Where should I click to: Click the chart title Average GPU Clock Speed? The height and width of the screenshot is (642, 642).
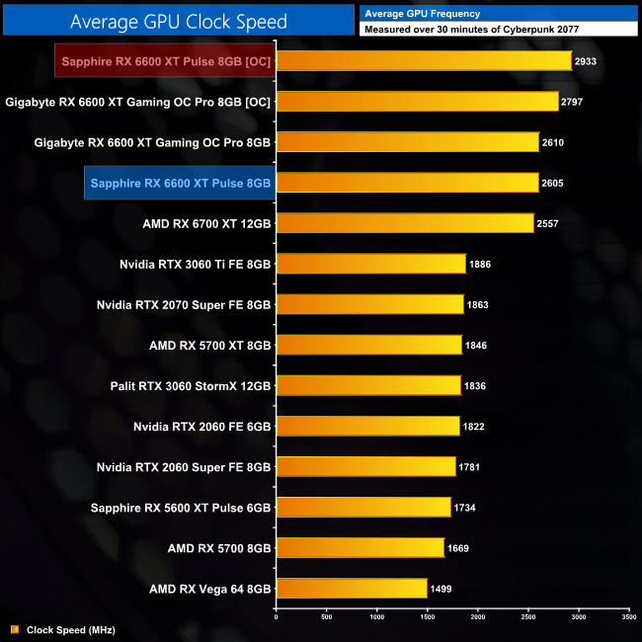(x=179, y=21)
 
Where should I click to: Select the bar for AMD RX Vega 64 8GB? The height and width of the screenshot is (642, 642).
(x=351, y=589)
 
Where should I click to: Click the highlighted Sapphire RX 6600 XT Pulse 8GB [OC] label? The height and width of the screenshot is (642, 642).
(x=165, y=61)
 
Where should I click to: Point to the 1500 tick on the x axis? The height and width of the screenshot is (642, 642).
(x=427, y=617)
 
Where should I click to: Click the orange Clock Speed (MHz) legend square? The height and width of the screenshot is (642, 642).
(x=14, y=629)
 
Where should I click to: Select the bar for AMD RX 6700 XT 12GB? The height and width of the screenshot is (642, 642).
(x=405, y=223)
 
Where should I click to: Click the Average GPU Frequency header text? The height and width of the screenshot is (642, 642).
(x=422, y=14)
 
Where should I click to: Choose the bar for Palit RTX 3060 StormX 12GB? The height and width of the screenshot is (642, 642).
(x=368, y=385)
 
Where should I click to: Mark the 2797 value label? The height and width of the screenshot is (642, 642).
(x=574, y=102)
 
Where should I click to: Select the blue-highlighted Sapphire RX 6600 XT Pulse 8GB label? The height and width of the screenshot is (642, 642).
(x=180, y=183)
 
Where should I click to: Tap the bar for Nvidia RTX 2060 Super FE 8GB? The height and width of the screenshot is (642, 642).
(x=365, y=466)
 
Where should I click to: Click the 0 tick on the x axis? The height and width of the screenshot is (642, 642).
(x=276, y=617)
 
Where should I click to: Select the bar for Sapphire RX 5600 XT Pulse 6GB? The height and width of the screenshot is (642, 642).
(x=362, y=508)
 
